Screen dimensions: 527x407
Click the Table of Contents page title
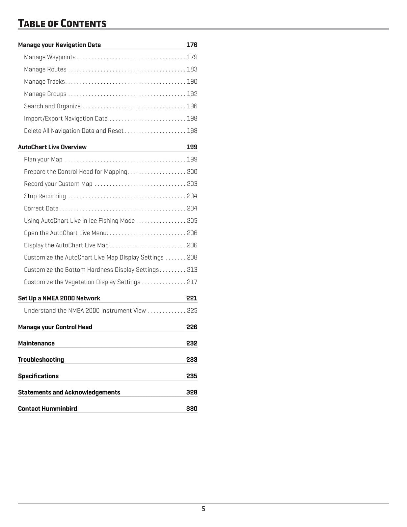tap(62, 24)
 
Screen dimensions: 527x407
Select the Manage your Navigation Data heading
tap(59, 45)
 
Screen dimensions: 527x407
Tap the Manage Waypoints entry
tap(50, 57)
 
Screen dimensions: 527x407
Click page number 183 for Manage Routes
tap(192, 69)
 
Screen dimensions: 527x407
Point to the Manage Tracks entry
tap(44, 82)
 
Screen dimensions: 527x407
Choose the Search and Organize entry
tap(52, 106)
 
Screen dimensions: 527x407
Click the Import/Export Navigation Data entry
tap(66, 119)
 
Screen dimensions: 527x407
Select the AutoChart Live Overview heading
tap(52, 147)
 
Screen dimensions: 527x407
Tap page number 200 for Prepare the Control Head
tap(192, 172)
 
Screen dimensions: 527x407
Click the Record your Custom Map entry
tap(58, 184)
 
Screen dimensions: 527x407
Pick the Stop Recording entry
tap(45, 196)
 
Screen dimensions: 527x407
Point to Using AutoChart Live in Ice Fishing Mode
tap(79, 221)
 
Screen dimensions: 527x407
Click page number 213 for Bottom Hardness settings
tap(192, 270)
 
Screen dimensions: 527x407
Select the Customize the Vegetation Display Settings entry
tap(82, 282)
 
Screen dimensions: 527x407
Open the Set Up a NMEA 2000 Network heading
tap(59, 298)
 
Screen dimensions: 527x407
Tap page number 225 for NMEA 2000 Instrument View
tap(192, 311)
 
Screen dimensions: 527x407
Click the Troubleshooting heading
tap(41, 360)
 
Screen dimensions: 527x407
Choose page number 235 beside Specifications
tap(192, 376)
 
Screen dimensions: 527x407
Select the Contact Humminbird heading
tap(48, 409)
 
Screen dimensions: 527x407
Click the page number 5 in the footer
tap(203, 509)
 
